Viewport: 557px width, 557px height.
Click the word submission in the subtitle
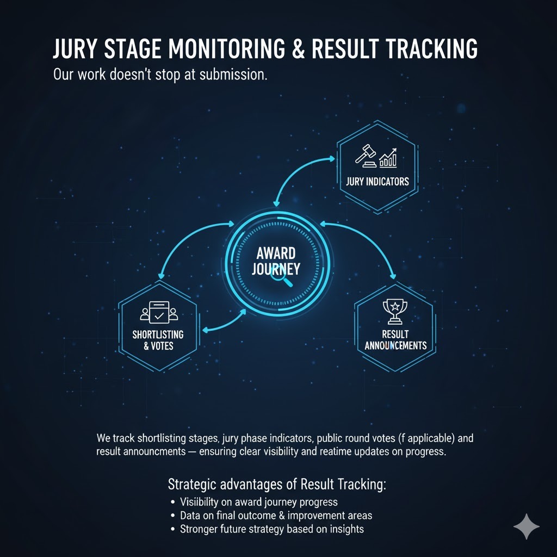click(232, 75)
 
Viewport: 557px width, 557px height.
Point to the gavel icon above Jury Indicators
click(366, 155)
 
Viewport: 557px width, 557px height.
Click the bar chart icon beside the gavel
click(389, 158)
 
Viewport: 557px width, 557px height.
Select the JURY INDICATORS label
click(377, 182)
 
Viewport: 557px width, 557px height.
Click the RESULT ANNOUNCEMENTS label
click(395, 339)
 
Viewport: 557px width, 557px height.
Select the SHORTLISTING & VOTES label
click(158, 340)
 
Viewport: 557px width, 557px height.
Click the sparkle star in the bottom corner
click(527, 527)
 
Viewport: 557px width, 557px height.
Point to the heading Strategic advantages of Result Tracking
click(277, 484)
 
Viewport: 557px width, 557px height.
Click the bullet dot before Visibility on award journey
click(172, 502)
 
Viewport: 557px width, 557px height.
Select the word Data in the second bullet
click(190, 515)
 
